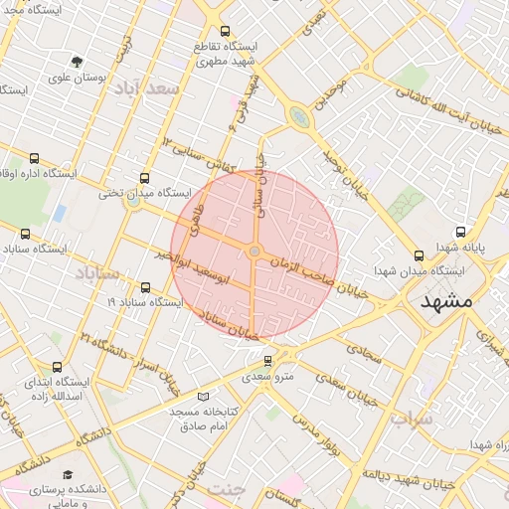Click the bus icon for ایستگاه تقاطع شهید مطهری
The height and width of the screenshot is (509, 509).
(226, 31)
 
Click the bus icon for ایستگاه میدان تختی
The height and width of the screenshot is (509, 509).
(146, 179)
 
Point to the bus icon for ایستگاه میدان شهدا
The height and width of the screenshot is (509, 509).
(417, 255)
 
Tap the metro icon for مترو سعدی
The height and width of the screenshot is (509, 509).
(267, 360)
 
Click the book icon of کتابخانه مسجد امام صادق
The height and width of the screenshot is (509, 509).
(204, 396)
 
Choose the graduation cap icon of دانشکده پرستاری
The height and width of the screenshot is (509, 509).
(68, 475)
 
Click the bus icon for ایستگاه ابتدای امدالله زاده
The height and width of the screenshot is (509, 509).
(56, 367)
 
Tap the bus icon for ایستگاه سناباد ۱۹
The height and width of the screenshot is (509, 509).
(146, 287)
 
